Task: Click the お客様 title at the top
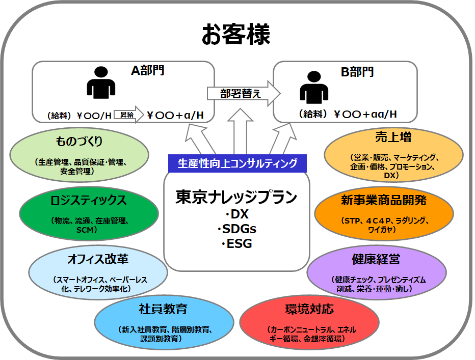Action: coord(236,34)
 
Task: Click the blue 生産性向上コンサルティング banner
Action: coord(237,163)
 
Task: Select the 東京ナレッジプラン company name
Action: coord(236,197)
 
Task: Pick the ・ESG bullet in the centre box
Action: coord(236,243)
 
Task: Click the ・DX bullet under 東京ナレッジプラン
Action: coord(236,214)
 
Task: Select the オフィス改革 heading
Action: coord(98,259)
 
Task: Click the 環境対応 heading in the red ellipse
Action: coord(310,309)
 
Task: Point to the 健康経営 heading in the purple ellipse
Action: coord(376,259)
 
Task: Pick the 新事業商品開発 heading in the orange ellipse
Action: coord(384,200)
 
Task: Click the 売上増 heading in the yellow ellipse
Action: coord(393,137)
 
